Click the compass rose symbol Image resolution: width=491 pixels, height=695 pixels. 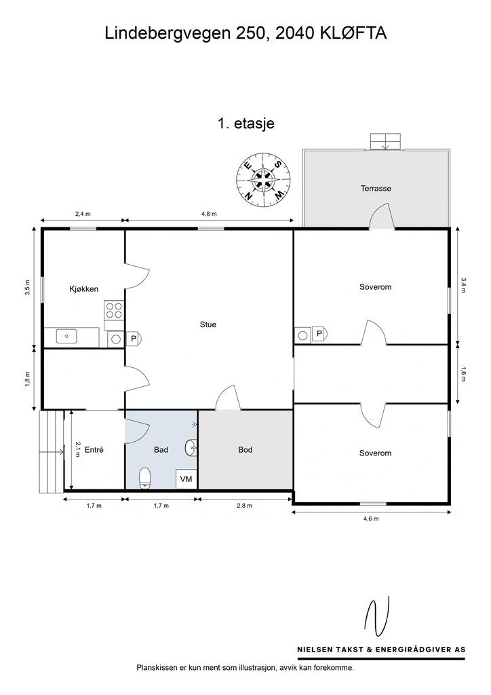coord(263,180)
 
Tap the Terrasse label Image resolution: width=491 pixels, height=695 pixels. coord(376,189)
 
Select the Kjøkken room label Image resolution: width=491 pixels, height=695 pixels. coord(83,289)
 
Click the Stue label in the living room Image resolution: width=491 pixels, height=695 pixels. coord(208,324)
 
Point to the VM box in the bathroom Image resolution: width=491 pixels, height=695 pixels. coord(186,479)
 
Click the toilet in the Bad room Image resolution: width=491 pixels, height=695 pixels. coord(145,478)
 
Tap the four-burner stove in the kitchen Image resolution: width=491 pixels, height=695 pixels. coord(113,309)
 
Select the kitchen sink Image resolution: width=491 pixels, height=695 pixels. coord(66,337)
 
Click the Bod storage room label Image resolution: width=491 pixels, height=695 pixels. coord(245,450)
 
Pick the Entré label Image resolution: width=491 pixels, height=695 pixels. coord(94,450)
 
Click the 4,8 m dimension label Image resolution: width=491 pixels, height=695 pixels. coord(210,214)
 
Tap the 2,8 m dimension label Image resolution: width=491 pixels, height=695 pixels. coord(244,506)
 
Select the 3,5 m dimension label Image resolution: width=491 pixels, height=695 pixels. coord(27,287)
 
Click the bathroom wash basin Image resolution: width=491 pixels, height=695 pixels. coord(191,448)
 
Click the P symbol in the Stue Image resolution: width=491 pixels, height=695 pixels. coord(133,339)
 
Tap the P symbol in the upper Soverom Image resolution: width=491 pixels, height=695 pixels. coord(319,334)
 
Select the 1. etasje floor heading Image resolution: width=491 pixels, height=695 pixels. coord(245,123)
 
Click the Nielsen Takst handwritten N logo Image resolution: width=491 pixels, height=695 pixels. coord(377,616)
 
